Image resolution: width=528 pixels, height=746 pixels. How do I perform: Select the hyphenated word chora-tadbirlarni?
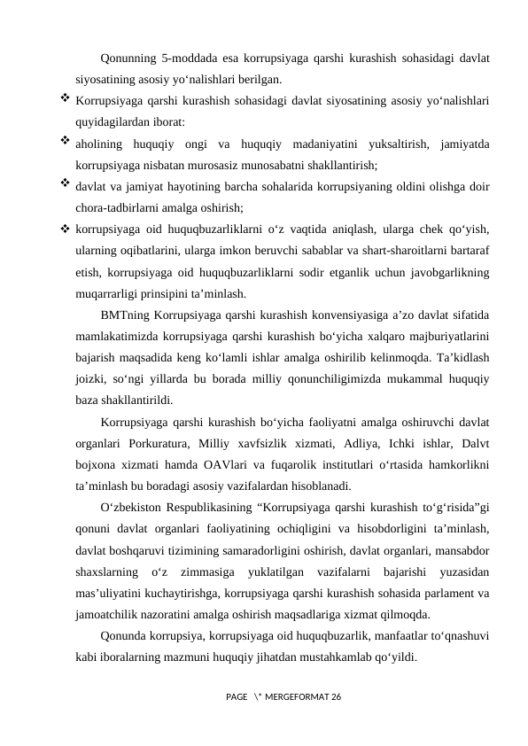point(118,208)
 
